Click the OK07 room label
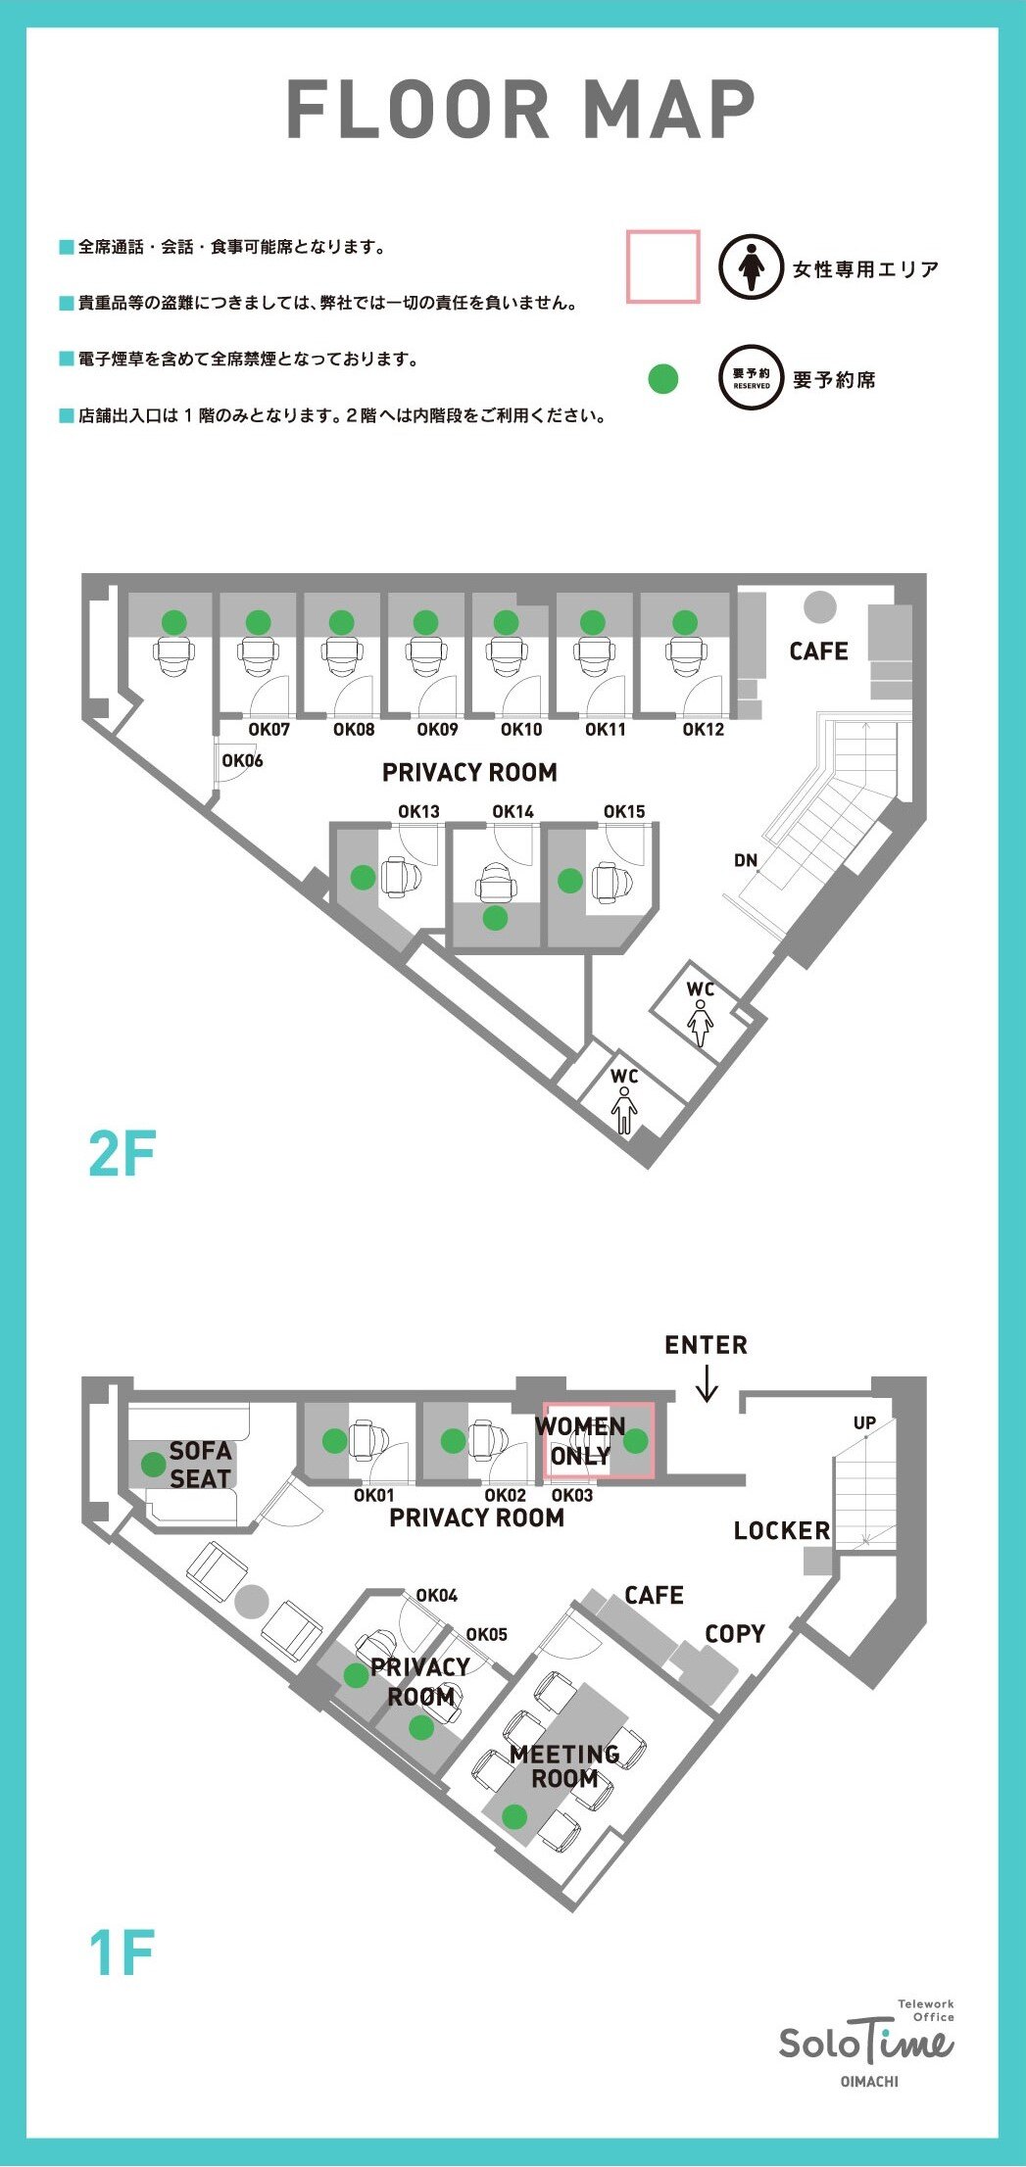(269, 730)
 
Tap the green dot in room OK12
(685, 622)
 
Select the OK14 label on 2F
(513, 812)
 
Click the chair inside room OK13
(401, 877)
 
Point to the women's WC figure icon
(700, 1024)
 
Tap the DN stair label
(746, 860)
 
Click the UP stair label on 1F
(864, 1423)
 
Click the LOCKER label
(782, 1530)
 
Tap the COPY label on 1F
(735, 1634)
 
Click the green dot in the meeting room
(514, 1817)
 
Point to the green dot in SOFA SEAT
(154, 1464)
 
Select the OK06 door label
(242, 760)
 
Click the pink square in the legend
(663, 266)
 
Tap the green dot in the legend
(663, 378)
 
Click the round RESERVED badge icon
(752, 378)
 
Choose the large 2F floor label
(122, 1153)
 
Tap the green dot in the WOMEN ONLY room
(636, 1440)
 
